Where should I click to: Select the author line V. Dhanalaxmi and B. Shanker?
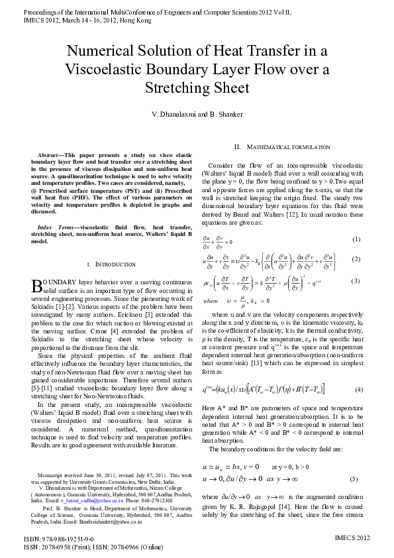197,115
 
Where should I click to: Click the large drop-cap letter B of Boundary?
37,286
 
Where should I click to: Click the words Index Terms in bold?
55,227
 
